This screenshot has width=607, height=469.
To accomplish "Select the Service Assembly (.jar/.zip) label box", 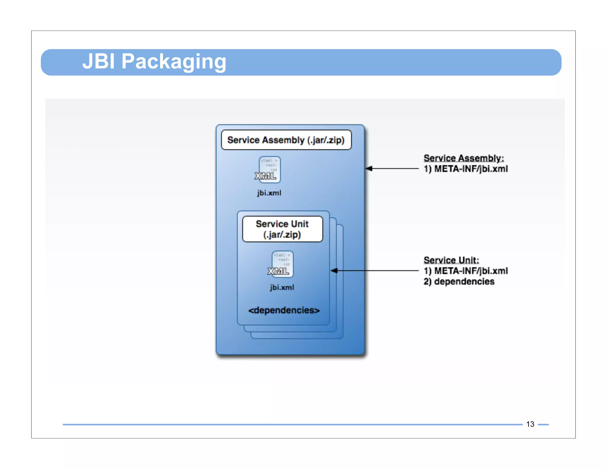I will (286, 140).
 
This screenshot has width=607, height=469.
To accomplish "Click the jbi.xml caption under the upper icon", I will (269, 193).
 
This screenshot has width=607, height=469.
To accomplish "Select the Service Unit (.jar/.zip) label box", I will (282, 229).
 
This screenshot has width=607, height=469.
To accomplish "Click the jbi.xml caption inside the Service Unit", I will (282, 287).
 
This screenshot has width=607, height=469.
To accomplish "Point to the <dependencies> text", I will (284, 310).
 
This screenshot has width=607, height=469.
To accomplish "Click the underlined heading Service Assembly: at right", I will (463, 158).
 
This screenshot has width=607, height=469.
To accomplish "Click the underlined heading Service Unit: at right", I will (451, 260).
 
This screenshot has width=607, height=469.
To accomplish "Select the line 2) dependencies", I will (459, 281).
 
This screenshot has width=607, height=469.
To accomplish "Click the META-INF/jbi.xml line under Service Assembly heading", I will (465, 169).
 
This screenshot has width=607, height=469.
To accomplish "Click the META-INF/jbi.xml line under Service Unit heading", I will (465, 271).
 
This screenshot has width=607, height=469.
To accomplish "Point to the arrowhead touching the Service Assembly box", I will (368, 168).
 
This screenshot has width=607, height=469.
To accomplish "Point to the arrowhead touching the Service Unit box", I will (334, 270).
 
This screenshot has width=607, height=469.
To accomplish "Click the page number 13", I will (530, 424).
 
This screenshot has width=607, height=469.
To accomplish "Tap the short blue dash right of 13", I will (543, 425).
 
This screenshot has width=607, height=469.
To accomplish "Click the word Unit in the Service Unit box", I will (298, 224).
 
